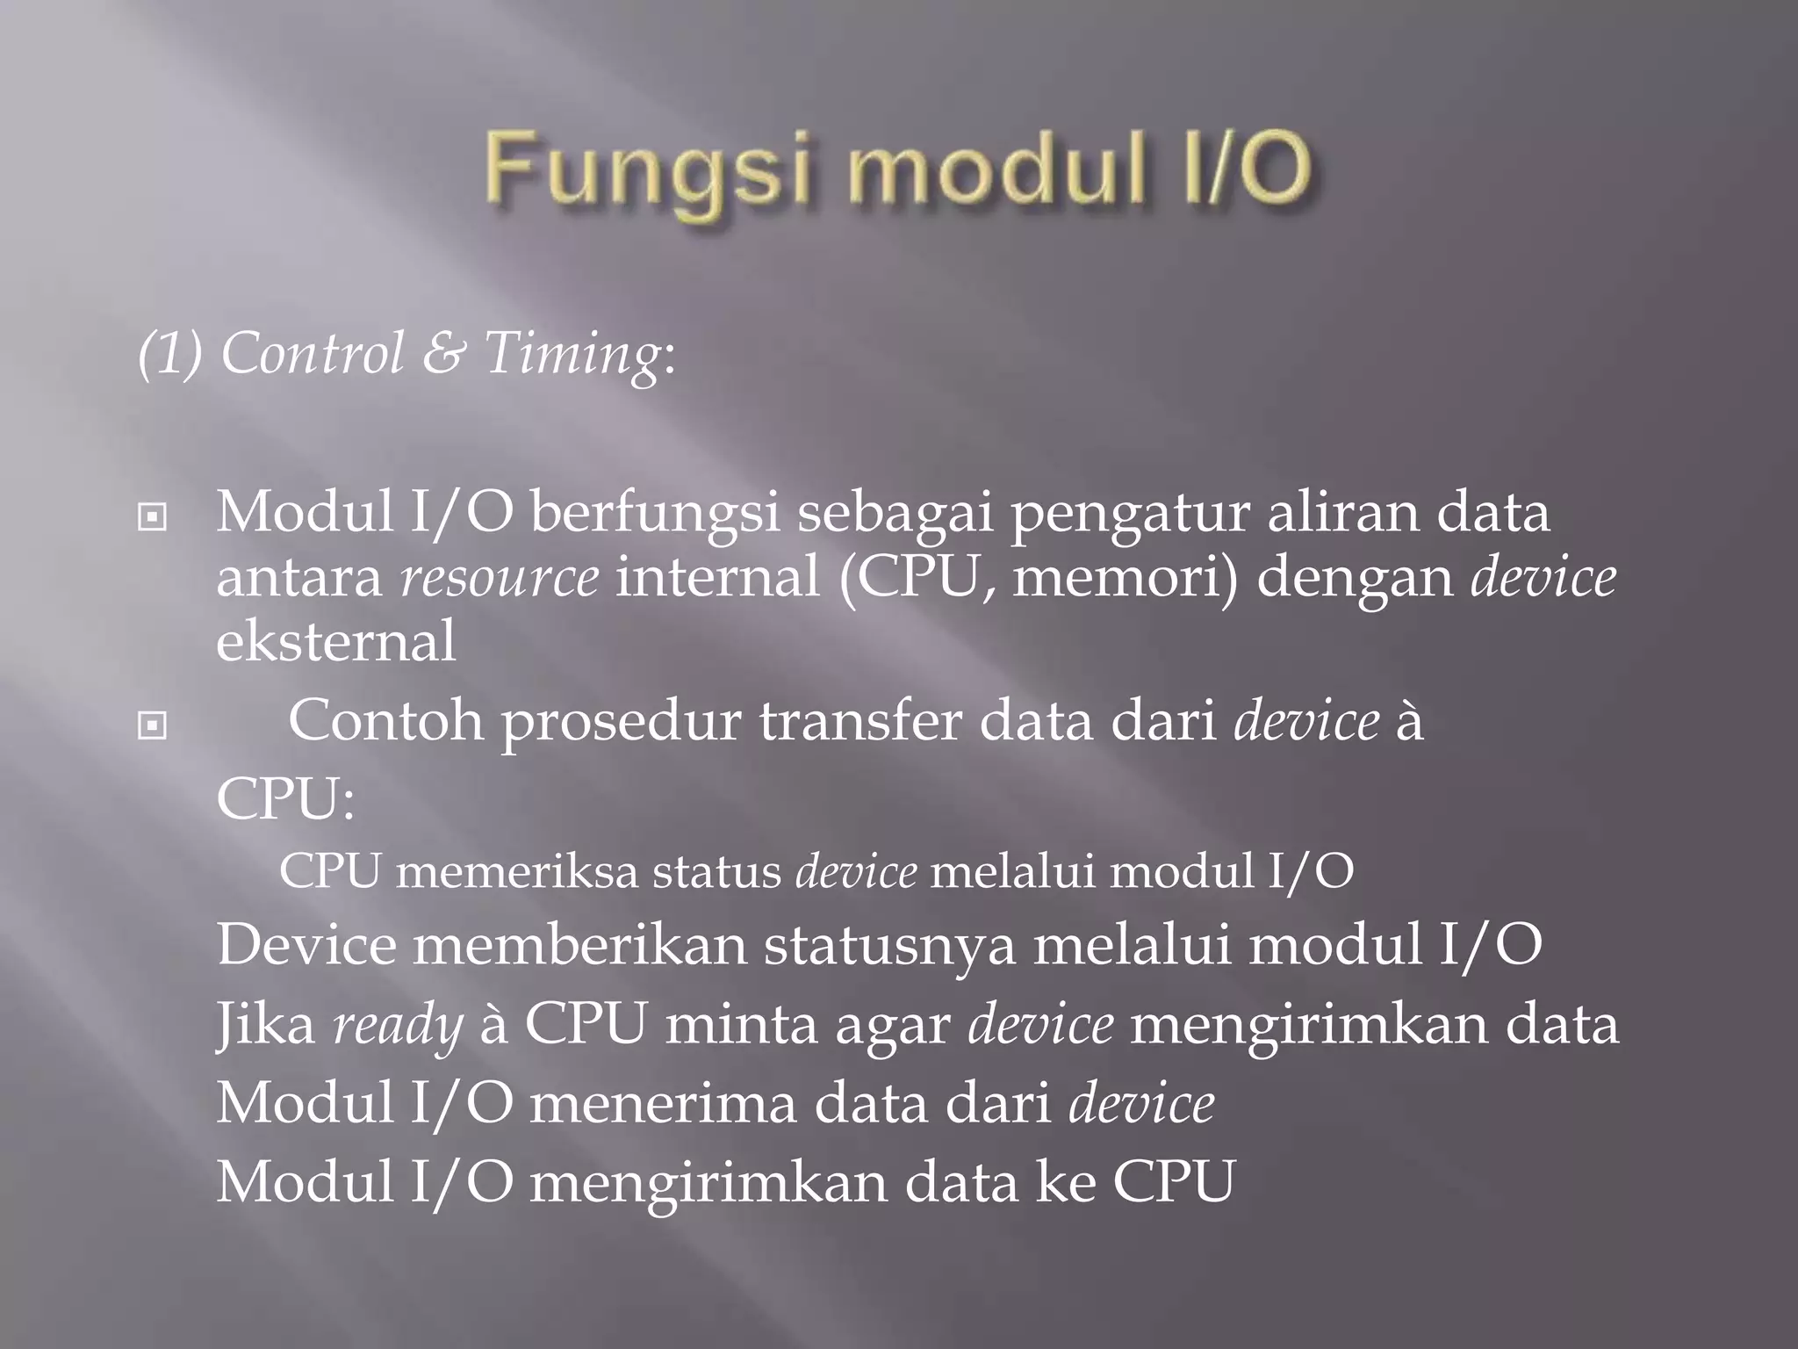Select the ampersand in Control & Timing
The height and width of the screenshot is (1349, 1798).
pyautogui.click(x=443, y=353)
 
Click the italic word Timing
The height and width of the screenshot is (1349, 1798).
pyautogui.click(x=571, y=355)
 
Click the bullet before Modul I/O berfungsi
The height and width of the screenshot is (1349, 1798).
pyautogui.click(x=153, y=517)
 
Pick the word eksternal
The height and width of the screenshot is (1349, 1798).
pyautogui.click(x=335, y=641)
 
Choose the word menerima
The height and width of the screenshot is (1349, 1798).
pyautogui.click(x=663, y=1103)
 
